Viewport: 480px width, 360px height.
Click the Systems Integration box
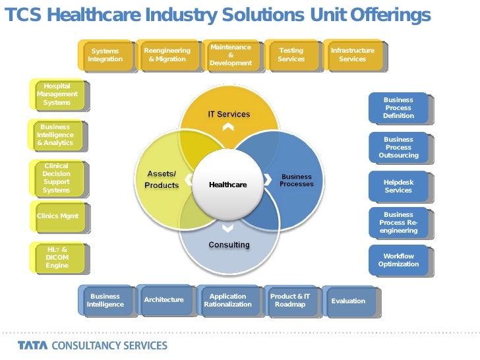(105, 55)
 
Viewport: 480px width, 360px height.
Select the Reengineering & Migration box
(167, 55)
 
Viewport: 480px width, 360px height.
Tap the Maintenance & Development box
(231, 55)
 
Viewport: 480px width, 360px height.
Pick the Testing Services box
(291, 55)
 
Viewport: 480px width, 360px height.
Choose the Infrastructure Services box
(352, 55)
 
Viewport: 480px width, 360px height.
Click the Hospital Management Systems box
(57, 94)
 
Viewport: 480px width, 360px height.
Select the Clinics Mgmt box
(57, 216)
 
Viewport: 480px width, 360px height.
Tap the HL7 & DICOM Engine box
(57, 257)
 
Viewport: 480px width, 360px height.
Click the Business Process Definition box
(398, 108)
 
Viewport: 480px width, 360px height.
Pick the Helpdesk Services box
(398, 186)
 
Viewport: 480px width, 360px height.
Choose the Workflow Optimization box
(398, 260)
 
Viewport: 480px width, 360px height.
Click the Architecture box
(164, 300)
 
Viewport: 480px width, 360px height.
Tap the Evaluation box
(348, 301)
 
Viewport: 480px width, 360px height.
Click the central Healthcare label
(227, 185)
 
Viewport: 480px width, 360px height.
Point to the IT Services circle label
(229, 114)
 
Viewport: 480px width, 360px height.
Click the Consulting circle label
(229, 245)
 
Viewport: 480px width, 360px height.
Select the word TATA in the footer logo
(32, 345)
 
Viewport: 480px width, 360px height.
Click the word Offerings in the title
(390, 15)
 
